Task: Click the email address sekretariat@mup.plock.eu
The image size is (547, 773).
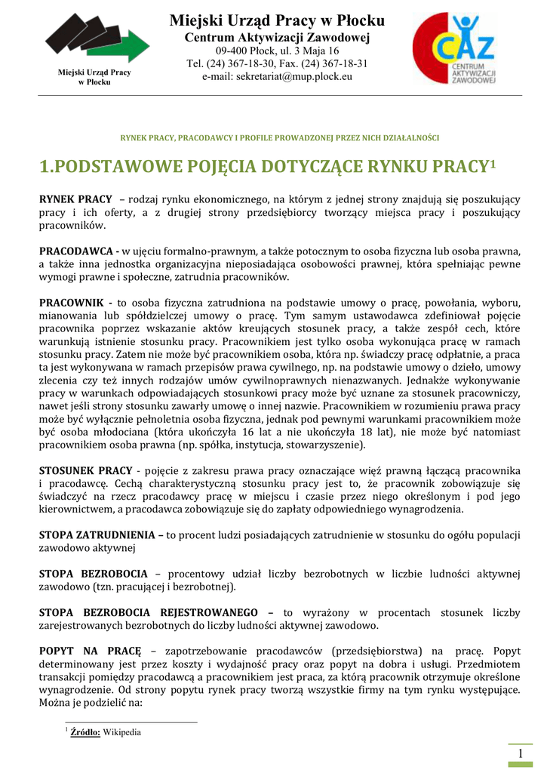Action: click(277, 76)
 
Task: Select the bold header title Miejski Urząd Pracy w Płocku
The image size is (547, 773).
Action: click(277, 20)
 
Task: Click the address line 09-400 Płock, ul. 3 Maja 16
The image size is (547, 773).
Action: click(277, 51)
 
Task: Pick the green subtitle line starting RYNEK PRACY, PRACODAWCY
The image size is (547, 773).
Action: click(280, 138)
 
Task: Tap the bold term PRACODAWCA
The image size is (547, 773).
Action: click(76, 250)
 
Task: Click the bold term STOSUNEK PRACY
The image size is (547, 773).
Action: click(85, 470)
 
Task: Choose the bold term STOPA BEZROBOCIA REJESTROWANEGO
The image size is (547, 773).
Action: click(148, 612)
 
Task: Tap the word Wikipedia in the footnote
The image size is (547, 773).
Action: click(121, 731)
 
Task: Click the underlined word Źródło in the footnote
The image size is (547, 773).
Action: click(85, 731)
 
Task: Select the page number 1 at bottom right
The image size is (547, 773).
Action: click(521, 756)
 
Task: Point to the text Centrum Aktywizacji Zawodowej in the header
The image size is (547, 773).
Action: click(277, 37)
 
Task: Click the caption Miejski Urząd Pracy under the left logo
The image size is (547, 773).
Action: click(94, 72)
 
